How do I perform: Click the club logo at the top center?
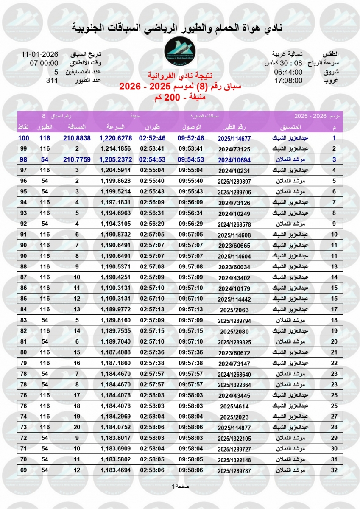tap(180, 52)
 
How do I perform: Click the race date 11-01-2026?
tap(40, 55)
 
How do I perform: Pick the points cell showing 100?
tap(23, 138)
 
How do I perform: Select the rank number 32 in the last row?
tap(334, 470)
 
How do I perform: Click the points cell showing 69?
tap(23, 470)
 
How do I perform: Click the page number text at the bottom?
tap(180, 486)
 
